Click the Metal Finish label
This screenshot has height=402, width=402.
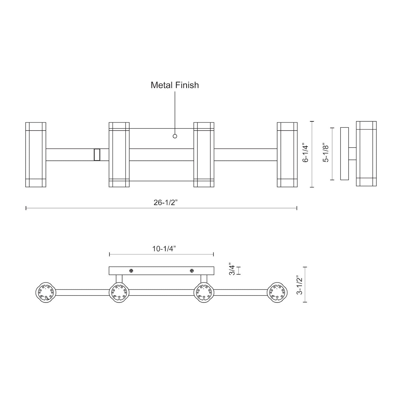[x=175, y=85]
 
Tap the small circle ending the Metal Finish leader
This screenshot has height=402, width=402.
[x=175, y=136]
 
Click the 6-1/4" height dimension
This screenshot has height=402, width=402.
[x=306, y=154]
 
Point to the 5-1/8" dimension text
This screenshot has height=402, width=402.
[x=326, y=154]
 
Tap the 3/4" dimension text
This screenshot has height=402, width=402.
[x=232, y=270]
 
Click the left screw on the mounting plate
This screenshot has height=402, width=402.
[x=131, y=271]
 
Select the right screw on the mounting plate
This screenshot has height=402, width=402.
[x=192, y=271]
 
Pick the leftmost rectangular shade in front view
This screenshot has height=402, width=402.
[x=36, y=155]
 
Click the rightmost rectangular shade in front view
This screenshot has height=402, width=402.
[x=287, y=155]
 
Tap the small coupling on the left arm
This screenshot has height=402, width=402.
[x=97, y=155]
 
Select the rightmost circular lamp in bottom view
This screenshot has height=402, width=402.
[x=277, y=292]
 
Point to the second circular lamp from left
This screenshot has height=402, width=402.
[x=119, y=292]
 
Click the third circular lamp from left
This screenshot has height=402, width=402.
[x=204, y=292]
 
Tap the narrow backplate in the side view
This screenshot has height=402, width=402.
[x=344, y=154]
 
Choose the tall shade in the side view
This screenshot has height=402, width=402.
[x=366, y=154]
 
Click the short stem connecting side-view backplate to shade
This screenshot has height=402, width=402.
[x=352, y=154]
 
